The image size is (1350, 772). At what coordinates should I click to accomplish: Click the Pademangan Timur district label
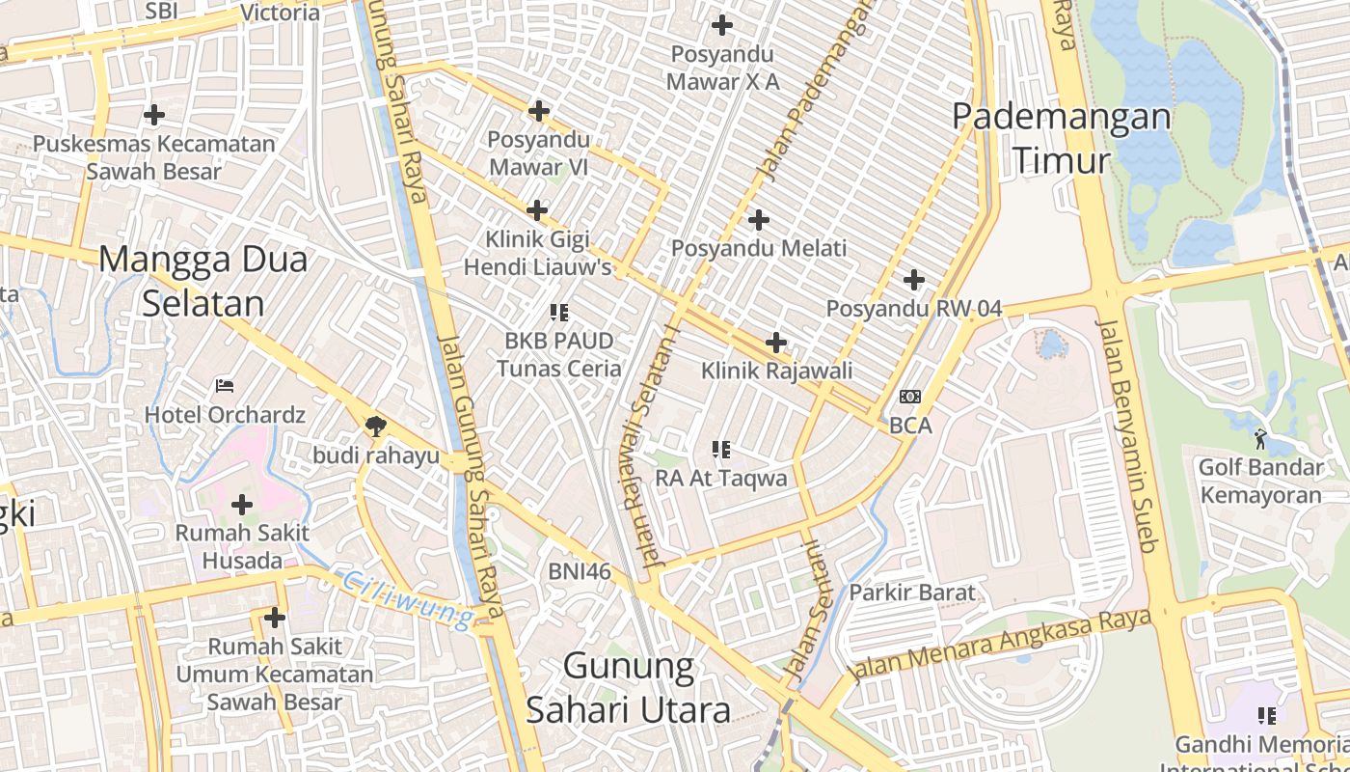pos(1062,138)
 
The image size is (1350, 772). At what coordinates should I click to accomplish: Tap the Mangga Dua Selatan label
pos(203,281)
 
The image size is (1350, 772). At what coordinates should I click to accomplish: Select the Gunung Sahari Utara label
pos(628,688)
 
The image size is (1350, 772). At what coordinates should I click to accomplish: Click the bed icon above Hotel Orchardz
pos(225,386)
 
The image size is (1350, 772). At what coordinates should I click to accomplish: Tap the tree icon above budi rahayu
pos(375,426)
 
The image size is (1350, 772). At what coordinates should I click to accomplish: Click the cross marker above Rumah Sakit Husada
pos(242,504)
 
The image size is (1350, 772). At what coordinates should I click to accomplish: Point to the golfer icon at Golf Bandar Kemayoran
pos(1260,439)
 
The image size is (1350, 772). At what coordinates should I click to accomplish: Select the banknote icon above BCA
pos(910,397)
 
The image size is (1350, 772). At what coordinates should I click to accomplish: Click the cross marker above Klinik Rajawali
pos(776,342)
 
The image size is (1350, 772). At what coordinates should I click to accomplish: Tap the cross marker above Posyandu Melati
pos(759,220)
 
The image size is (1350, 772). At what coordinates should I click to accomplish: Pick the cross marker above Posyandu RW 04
pos(914,281)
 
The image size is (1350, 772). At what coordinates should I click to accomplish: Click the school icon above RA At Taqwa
pos(720,449)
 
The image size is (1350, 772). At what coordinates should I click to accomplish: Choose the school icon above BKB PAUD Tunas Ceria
pos(558,312)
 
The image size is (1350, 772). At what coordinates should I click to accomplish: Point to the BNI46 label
pos(580,571)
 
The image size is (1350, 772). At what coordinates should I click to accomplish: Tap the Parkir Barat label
pos(912,593)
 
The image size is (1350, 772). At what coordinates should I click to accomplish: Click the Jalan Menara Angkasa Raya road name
pos(998,648)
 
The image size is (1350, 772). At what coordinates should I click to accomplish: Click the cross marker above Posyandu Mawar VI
pos(538,111)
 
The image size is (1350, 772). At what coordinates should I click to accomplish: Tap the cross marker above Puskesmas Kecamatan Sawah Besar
pos(153,116)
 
